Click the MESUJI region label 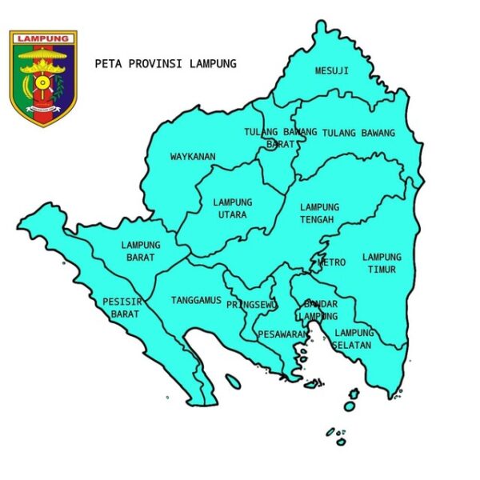tap(331, 70)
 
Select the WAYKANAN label tap(193, 157)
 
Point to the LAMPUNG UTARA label tap(233, 208)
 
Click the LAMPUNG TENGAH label tap(319, 213)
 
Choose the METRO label tap(332, 262)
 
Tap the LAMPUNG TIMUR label tap(382, 263)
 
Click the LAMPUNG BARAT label tap(142, 251)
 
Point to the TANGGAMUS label tap(196, 301)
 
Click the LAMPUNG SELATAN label tap(354, 338)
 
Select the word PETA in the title tap(106, 63)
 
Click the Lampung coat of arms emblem tap(43, 78)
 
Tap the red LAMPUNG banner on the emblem tap(43, 38)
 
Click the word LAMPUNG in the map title tap(214, 63)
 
